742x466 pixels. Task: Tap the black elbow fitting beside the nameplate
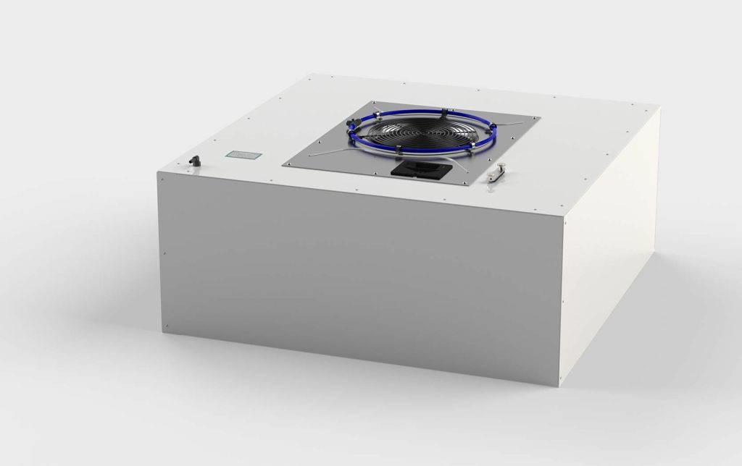[x=196, y=160]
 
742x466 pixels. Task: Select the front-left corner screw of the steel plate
[x=288, y=164]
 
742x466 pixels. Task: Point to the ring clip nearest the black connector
[x=401, y=150]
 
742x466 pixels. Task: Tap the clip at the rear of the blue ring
[x=440, y=109]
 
